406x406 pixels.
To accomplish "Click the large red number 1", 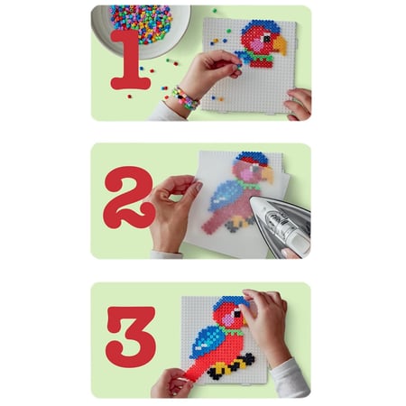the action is pos(130,60).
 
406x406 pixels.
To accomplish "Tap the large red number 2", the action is pos(128,197).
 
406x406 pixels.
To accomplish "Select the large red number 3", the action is pos(131,337).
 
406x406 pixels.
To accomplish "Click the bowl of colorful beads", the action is pos(142,30).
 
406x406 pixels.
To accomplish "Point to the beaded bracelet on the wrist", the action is pos(184,97).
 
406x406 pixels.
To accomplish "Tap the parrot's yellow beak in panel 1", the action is pos(281,45).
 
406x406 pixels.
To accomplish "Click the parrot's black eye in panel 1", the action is pos(267,39).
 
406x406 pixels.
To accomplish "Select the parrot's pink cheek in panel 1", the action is pos(256,45).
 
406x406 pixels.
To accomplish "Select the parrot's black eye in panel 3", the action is pos(237,314).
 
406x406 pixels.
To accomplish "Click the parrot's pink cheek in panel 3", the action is pos(229,319).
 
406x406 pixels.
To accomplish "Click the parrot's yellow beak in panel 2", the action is pos(268,174).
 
